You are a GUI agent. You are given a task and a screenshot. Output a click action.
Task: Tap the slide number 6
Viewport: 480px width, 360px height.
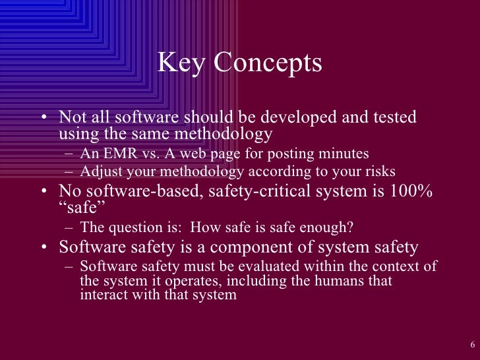pos(473,345)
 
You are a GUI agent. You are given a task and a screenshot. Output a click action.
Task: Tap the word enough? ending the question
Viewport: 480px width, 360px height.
pos(329,228)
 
